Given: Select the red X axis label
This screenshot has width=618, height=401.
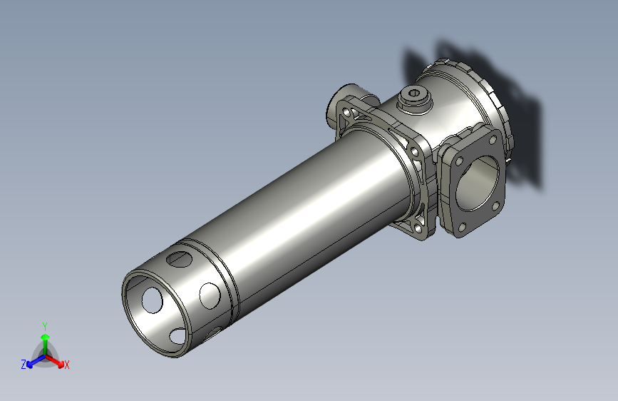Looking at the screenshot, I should tap(67, 365).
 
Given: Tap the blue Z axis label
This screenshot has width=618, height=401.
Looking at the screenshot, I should tap(23, 364).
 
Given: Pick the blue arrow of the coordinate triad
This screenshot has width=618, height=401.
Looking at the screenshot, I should tap(32, 361).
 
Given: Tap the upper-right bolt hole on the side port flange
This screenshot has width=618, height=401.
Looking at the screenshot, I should tap(493, 141).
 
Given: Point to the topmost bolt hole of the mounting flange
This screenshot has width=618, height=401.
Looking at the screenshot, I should tap(347, 113).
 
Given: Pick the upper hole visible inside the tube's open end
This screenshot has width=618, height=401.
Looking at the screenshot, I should tap(152, 300).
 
